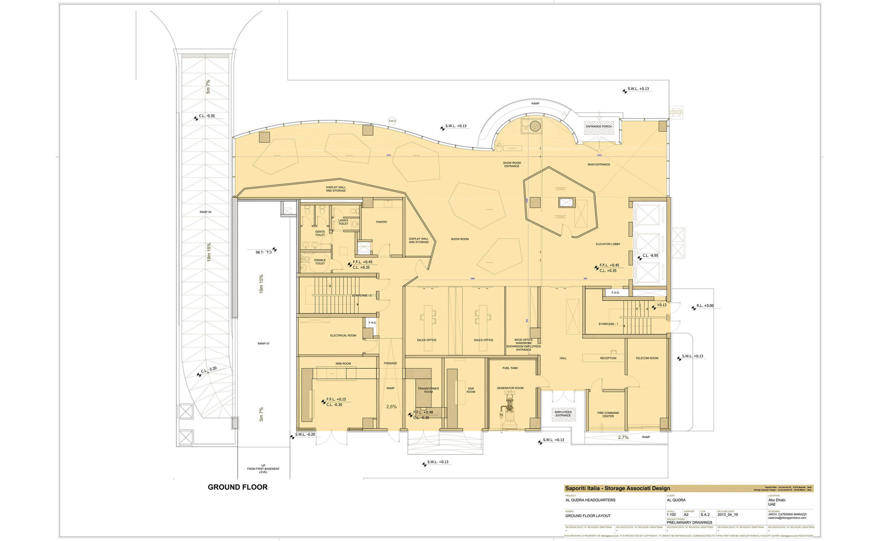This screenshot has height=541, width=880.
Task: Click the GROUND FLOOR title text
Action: (238, 487)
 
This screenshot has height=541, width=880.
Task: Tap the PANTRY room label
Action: (382, 222)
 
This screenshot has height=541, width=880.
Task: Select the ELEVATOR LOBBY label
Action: (608, 244)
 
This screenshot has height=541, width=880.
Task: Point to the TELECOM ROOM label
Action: (647, 358)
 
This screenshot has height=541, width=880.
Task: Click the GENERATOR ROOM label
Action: (510, 388)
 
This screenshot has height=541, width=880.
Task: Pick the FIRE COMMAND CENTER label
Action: (608, 414)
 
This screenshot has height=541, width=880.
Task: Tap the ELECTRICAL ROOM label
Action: (343, 335)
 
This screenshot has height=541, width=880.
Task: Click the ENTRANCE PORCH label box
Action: (598, 126)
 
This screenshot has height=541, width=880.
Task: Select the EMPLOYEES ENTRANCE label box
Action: (563, 414)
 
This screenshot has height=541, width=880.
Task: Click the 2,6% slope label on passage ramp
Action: (391, 406)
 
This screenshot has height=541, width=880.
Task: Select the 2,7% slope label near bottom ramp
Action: (623, 437)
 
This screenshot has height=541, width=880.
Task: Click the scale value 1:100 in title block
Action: (671, 515)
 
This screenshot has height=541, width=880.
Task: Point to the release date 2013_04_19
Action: (727, 515)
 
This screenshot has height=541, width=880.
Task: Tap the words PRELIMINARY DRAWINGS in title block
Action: (689, 522)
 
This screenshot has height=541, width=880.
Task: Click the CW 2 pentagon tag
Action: (392, 121)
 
